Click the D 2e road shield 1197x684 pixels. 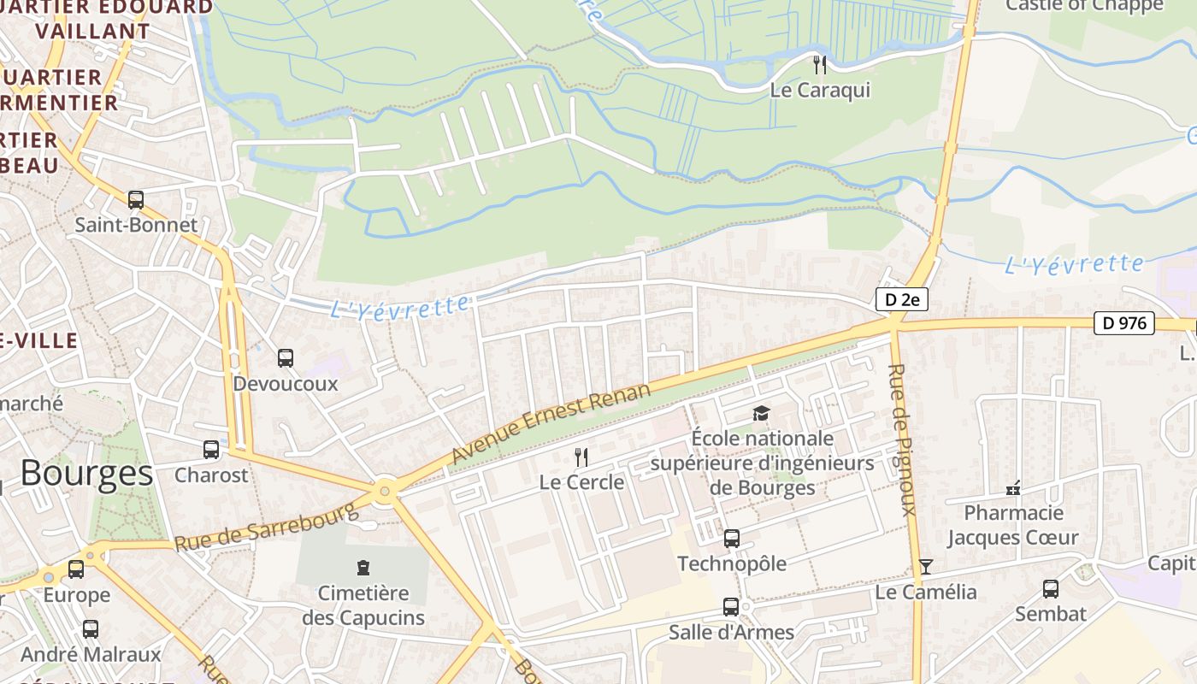[x=901, y=299]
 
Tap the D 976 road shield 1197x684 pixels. [x=1124, y=323]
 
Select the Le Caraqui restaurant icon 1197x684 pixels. [x=820, y=64]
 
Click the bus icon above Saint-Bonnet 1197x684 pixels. [x=136, y=200]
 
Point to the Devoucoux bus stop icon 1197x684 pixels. [x=286, y=358]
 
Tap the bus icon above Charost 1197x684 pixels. [x=211, y=450]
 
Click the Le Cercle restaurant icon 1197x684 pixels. [x=581, y=457]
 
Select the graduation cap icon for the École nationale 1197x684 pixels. [x=761, y=414]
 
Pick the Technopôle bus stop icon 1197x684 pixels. [x=732, y=539]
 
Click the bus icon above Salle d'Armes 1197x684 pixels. [x=731, y=607]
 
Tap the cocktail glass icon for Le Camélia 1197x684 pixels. [x=925, y=567]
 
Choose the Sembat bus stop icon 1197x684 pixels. [x=1051, y=589]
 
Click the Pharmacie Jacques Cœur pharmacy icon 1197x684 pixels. [x=1013, y=488]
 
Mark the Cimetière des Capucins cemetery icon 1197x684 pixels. [x=363, y=568]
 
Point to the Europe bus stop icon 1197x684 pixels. [x=76, y=569]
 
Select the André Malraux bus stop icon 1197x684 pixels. [x=91, y=629]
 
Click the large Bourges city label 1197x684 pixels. [x=86, y=473]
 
